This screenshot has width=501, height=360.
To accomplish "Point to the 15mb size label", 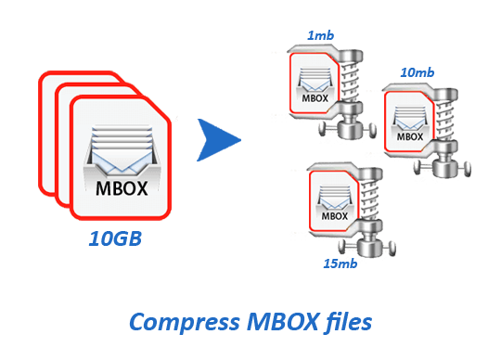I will click(340, 264).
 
